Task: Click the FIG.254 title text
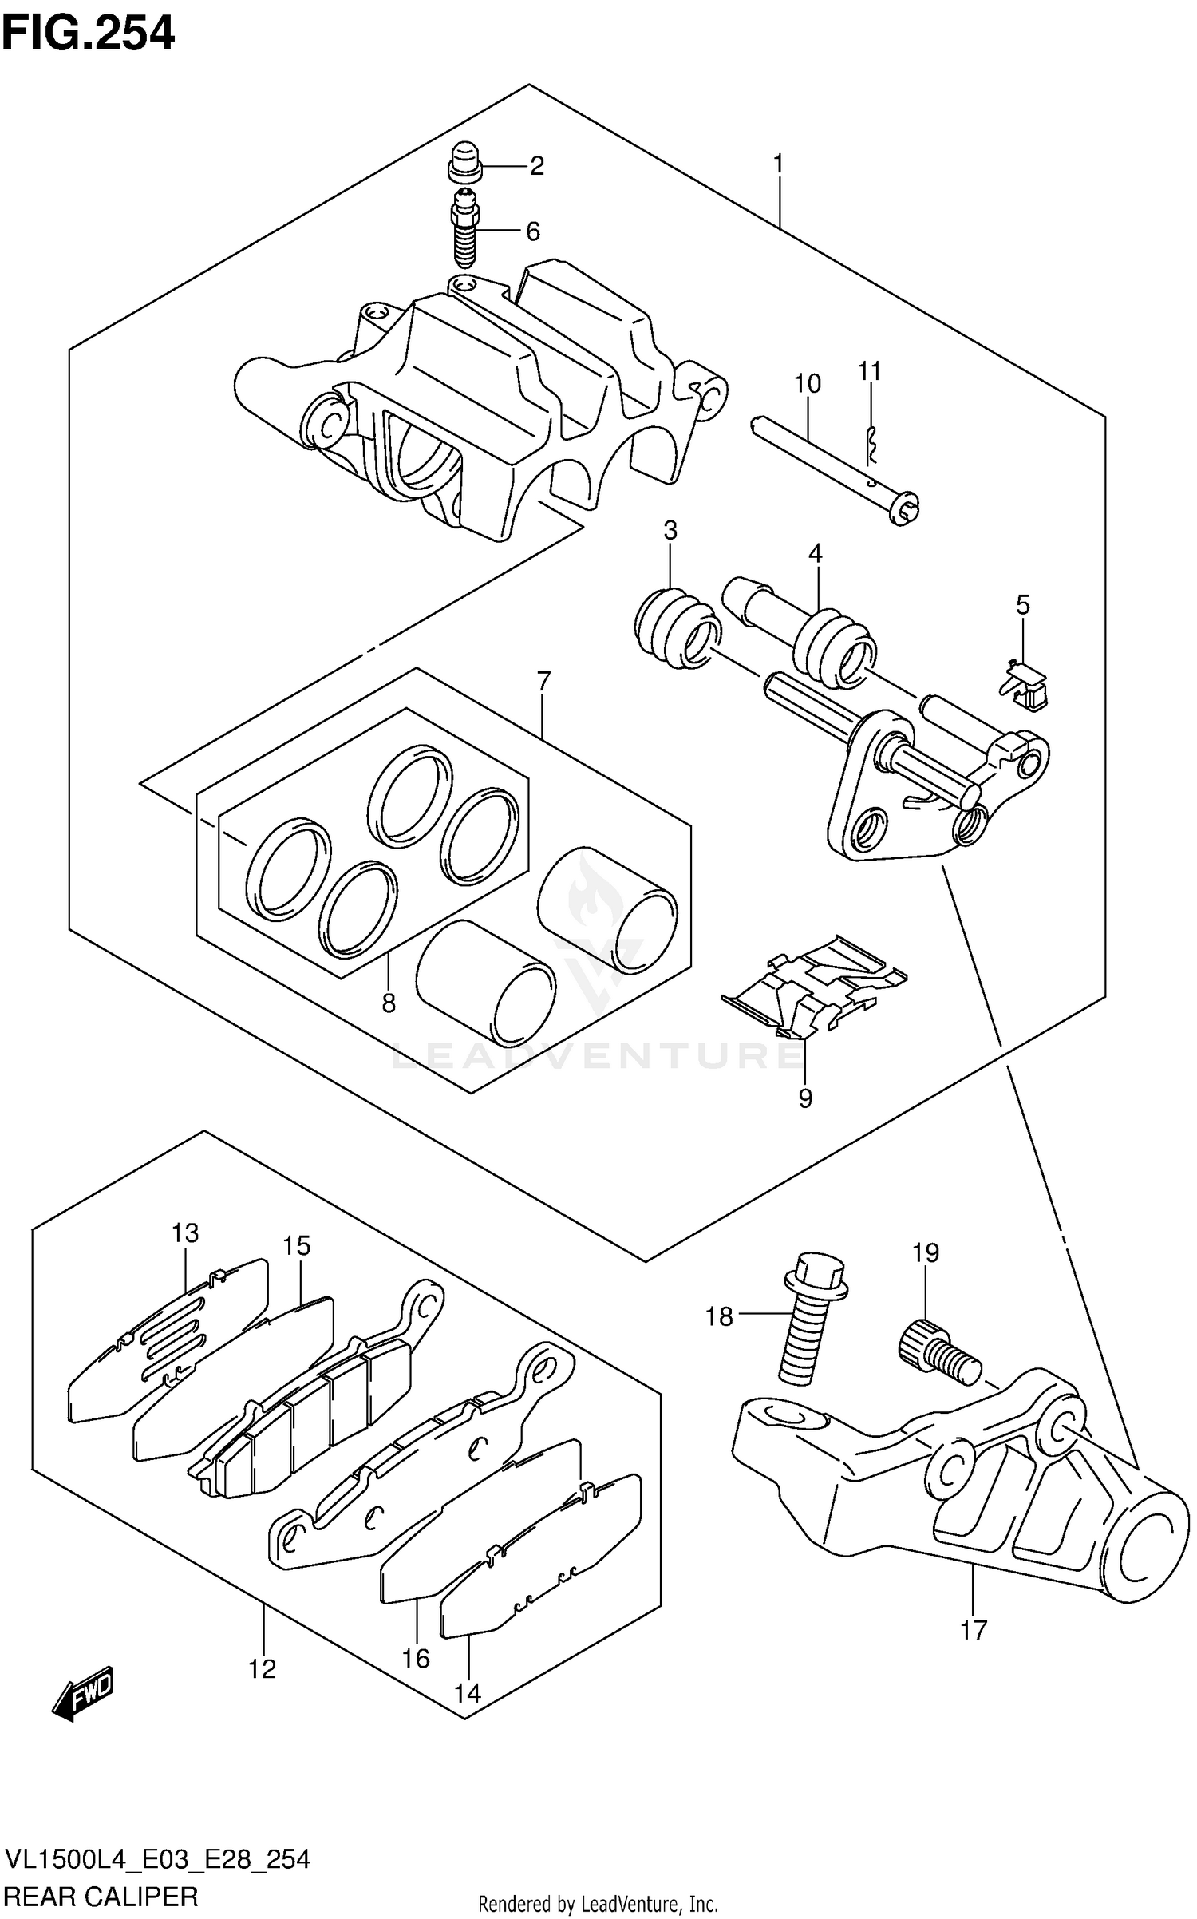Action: tap(89, 33)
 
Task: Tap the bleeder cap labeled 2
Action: tap(464, 161)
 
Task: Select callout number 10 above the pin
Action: tap(808, 384)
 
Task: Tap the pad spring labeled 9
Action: tap(814, 987)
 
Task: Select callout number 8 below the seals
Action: tap(389, 1003)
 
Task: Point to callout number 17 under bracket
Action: tap(974, 1629)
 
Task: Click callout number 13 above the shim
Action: tap(185, 1233)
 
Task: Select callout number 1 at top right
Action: tap(778, 164)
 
